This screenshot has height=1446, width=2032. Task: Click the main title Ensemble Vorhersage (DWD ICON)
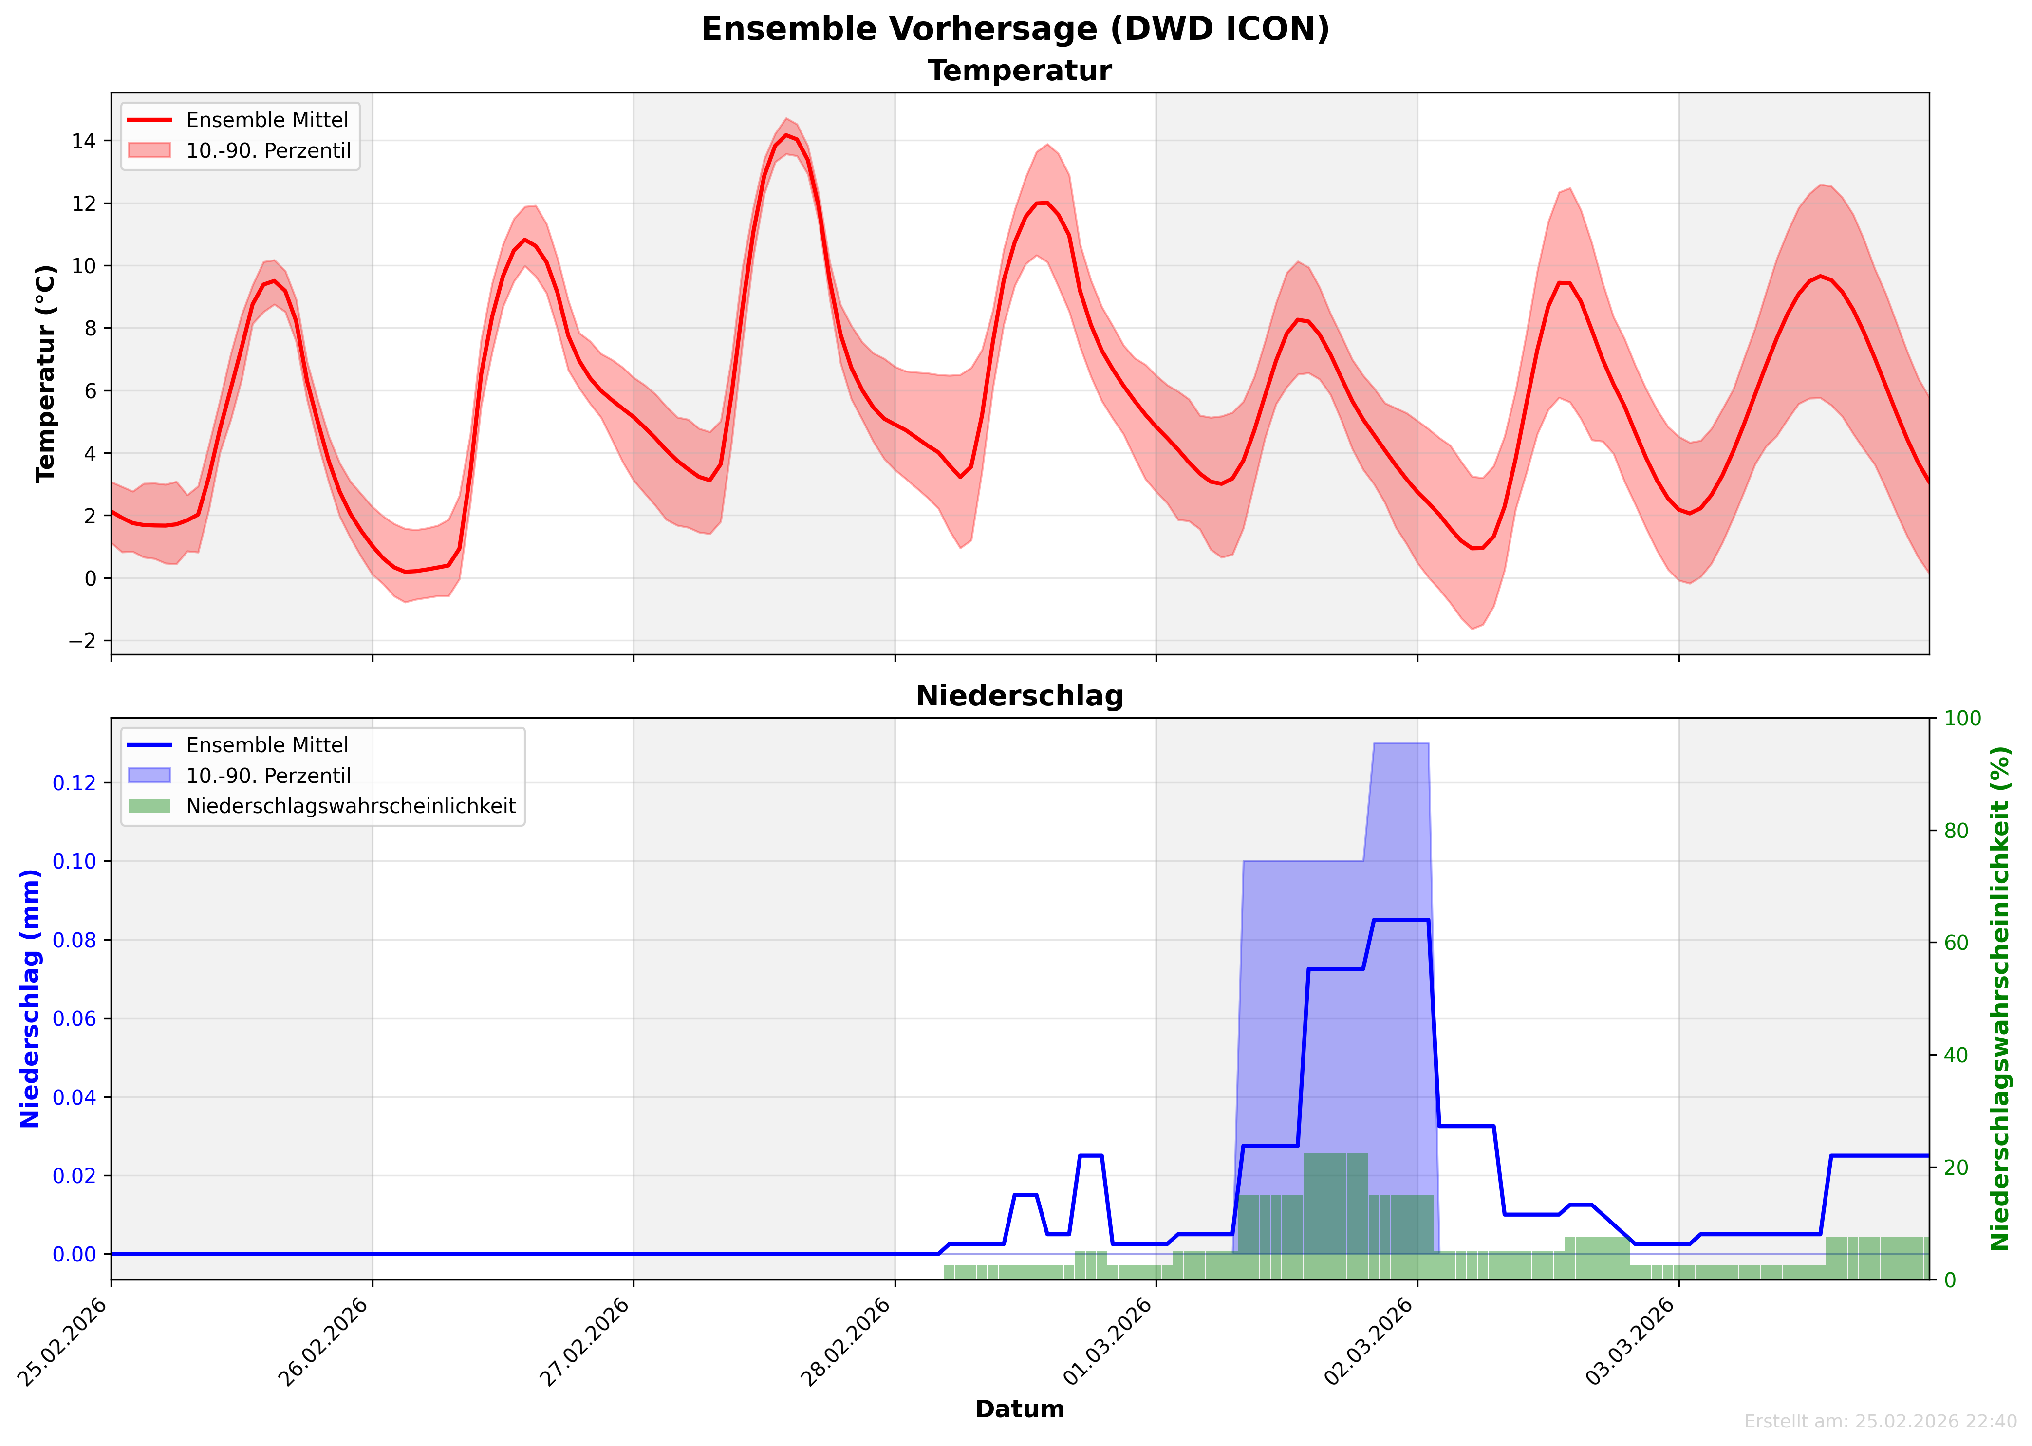(1015, 29)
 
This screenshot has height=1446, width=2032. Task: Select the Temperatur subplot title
(1020, 71)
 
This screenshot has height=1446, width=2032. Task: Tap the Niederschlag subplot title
(1020, 696)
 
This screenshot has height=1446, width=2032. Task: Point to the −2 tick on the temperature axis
(82, 641)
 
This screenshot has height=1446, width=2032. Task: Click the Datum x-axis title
(1020, 1409)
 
